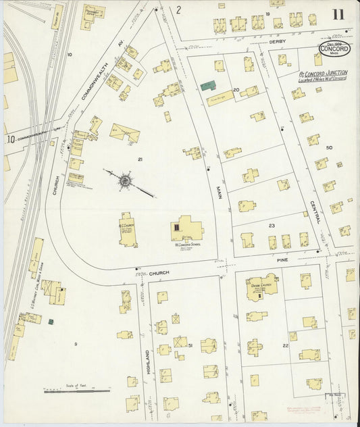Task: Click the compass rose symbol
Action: (x=126, y=180)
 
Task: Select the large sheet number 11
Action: (x=338, y=14)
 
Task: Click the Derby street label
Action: (x=278, y=42)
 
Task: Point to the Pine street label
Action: (x=282, y=259)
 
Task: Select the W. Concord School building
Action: (x=186, y=229)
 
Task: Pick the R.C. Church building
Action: (x=128, y=230)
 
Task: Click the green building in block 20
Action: (x=208, y=86)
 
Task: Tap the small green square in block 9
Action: (x=51, y=322)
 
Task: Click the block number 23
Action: (x=272, y=226)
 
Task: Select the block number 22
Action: (x=286, y=345)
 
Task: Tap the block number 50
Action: (x=329, y=147)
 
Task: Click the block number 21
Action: (x=140, y=159)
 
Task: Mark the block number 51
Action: (x=190, y=345)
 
